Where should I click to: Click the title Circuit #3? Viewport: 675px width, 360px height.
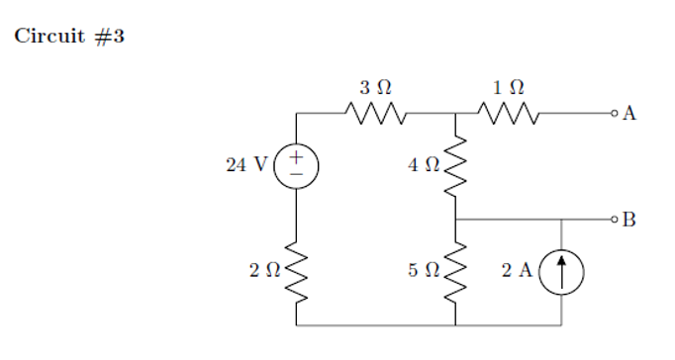68,38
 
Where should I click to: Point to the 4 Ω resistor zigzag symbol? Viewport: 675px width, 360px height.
455,166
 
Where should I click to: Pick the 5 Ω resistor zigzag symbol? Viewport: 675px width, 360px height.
455,271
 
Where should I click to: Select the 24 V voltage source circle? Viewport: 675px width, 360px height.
296,165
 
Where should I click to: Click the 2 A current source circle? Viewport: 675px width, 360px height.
562,270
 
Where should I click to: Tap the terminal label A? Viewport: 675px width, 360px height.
629,115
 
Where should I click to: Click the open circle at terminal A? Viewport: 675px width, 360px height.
615,115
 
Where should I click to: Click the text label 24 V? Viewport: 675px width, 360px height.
245,165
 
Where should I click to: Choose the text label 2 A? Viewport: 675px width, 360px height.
517,270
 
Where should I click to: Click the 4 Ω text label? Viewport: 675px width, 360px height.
424,165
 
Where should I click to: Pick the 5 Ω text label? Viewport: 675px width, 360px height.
424,270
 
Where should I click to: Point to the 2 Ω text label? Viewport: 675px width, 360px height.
264,270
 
